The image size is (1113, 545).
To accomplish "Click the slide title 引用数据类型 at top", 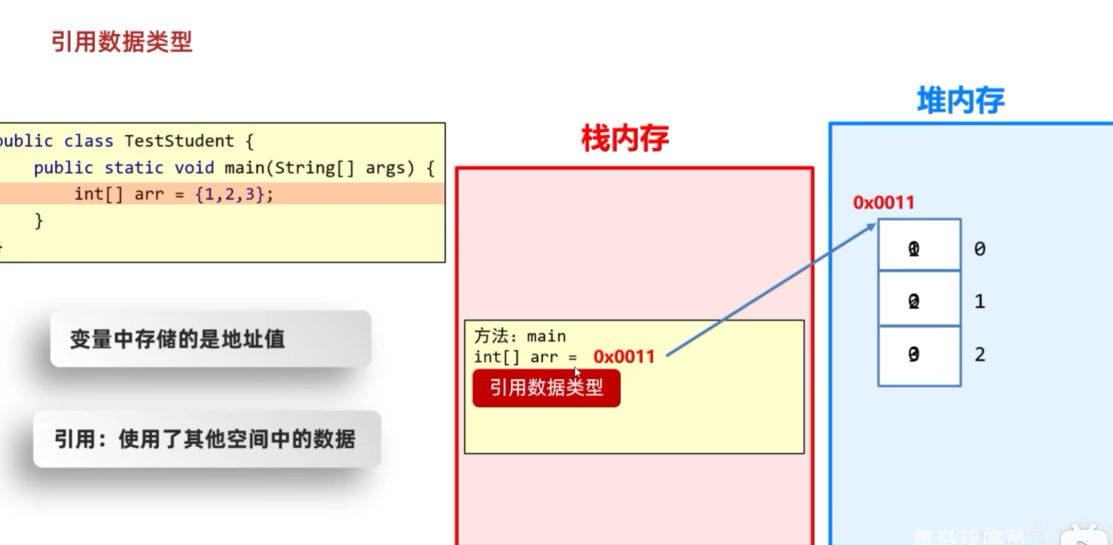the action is click(x=122, y=42).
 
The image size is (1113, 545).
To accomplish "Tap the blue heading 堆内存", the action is click(x=961, y=101).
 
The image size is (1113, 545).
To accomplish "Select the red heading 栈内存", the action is click(x=625, y=139).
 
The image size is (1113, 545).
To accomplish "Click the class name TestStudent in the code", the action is click(x=179, y=141).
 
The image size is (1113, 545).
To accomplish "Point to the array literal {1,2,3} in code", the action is click(x=229, y=194).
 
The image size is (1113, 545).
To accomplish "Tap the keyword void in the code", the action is click(x=194, y=168).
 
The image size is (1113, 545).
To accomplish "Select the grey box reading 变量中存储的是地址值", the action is click(x=210, y=339).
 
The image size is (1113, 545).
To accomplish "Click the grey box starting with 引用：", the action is click(x=207, y=439).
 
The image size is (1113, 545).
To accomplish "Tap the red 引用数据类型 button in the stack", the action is click(x=546, y=388).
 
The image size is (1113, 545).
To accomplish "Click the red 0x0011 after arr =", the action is click(x=624, y=357).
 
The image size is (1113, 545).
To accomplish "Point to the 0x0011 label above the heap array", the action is click(x=884, y=203).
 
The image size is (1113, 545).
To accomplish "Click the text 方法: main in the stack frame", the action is click(x=520, y=336).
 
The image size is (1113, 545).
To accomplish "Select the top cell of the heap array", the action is click(x=919, y=245).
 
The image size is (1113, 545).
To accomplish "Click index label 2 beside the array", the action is click(x=980, y=355).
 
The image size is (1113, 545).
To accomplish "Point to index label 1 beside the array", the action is click(x=980, y=302).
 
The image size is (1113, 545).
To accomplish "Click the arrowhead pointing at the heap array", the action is click(x=871, y=227).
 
